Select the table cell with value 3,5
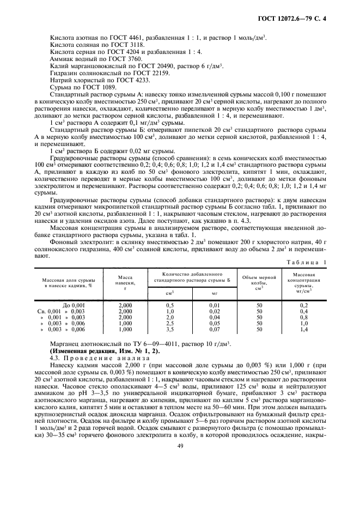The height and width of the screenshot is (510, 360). click(169, 330)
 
